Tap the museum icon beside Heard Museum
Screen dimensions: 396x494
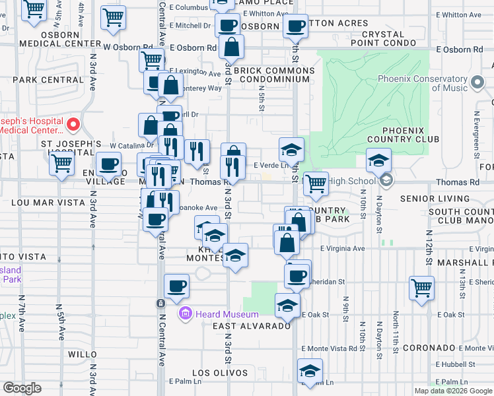tap(186, 314)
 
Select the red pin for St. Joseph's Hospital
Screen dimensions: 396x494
tap(74, 123)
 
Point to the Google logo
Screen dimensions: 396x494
tap(22, 387)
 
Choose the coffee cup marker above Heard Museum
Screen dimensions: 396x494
tap(176, 286)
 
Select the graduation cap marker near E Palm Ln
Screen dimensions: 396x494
tap(309, 371)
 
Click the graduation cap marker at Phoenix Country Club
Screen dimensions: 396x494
tap(378, 160)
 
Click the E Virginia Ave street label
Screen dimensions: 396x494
tap(342, 249)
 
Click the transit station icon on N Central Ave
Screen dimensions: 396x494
tap(160, 303)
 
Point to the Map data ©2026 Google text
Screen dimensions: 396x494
tap(453, 391)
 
